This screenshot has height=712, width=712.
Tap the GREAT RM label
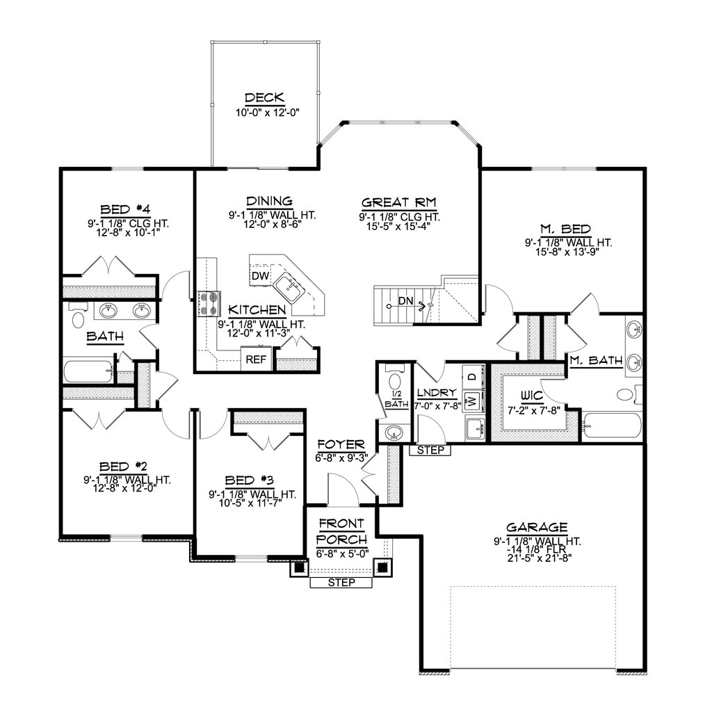398,202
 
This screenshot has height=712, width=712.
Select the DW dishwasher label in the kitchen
260,277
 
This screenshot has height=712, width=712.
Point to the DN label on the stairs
407,302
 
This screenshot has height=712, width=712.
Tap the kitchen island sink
286,286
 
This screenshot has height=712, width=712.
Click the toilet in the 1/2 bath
395,381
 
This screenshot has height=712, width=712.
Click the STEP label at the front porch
341,583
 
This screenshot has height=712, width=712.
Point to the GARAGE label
537,527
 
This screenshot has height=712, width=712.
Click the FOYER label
341,444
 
